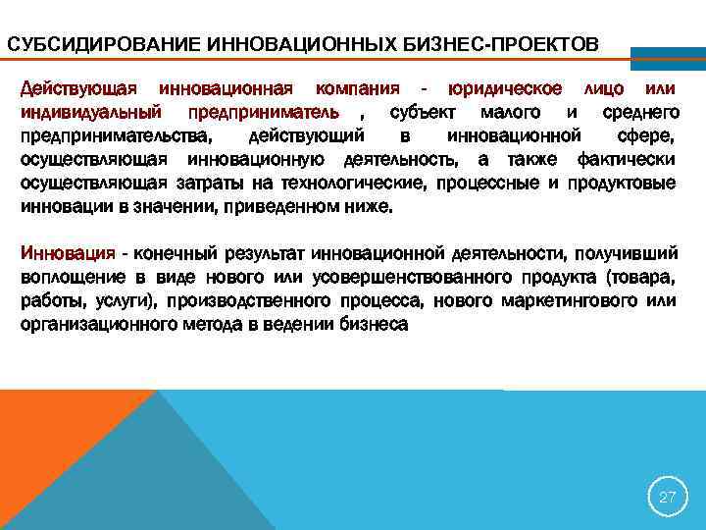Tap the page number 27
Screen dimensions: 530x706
click(x=667, y=498)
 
